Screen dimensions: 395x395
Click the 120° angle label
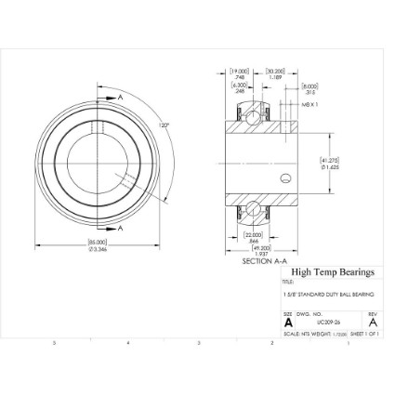coord(164,125)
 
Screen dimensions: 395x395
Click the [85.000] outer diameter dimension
coord(98,244)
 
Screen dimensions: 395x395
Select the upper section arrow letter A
coord(120,97)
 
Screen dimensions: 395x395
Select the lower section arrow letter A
coord(120,228)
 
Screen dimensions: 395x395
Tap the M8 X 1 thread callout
coord(309,105)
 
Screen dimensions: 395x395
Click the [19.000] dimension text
coord(240,71)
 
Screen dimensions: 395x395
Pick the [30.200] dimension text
coord(275,71)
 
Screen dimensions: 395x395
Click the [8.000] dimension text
coord(310,87)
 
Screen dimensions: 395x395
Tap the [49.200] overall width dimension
coord(261,250)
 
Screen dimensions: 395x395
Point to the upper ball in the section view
coord(252,112)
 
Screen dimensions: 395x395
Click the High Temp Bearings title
coord(333,272)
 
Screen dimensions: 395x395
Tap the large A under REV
coord(372,323)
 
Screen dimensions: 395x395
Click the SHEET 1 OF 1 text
coord(364,333)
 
